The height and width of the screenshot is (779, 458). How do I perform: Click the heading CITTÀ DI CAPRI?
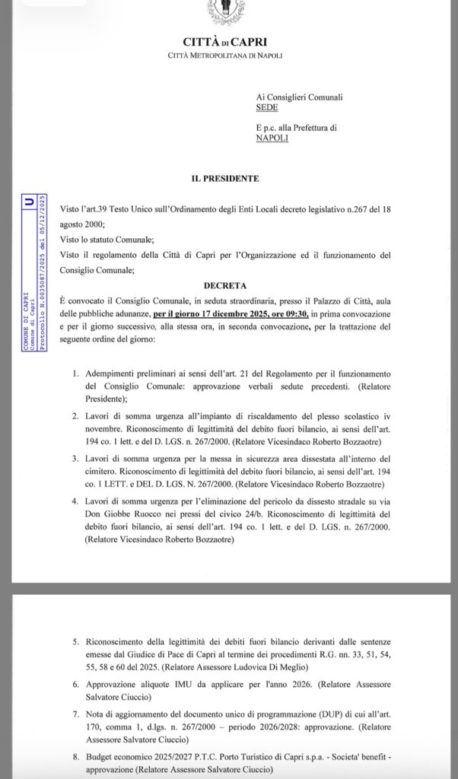[224, 43]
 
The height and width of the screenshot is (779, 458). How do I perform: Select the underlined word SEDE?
[267, 108]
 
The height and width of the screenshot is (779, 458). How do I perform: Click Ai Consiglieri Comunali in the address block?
[299, 97]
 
